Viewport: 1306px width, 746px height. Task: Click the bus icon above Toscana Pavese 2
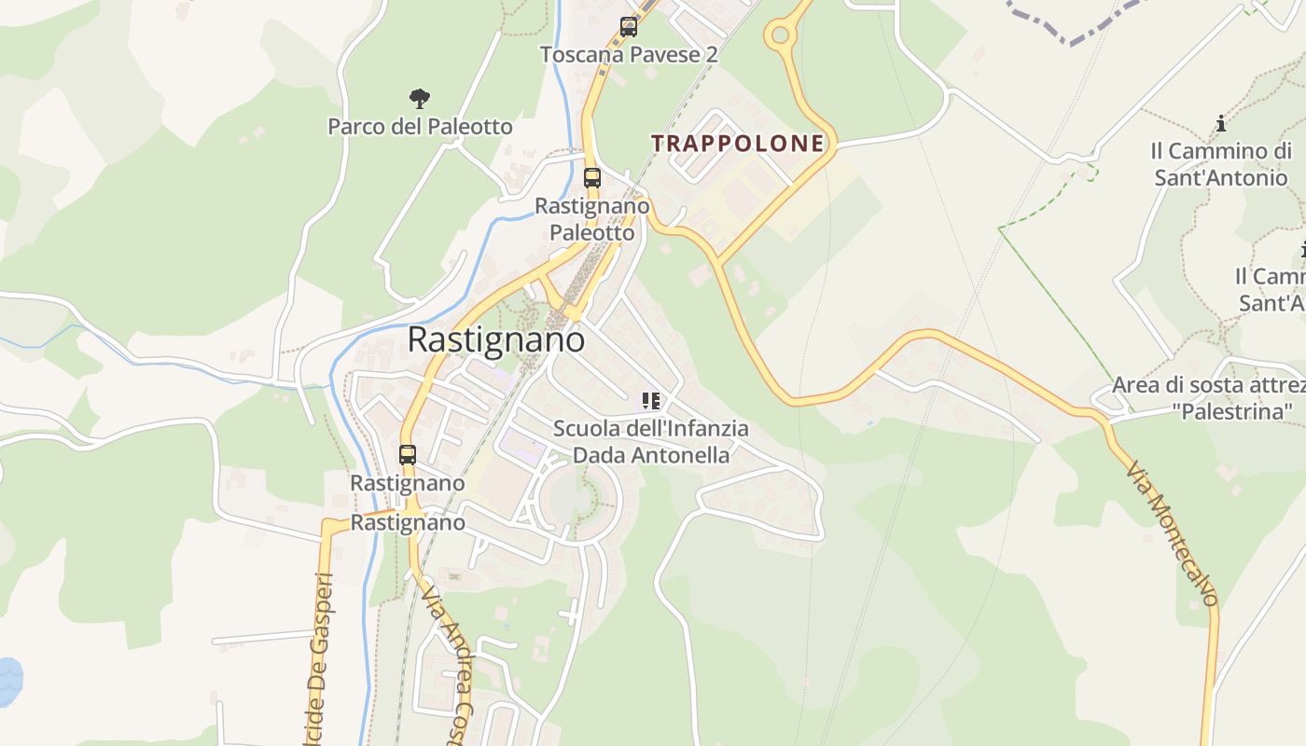tap(629, 27)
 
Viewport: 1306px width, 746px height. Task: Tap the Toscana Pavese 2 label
tap(629, 54)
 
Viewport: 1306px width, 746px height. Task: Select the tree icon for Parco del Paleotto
tap(420, 98)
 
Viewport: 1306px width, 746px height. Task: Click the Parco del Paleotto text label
tap(420, 126)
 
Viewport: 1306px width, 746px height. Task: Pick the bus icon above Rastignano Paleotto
tap(591, 177)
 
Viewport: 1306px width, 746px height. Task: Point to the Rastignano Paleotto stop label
tap(591, 218)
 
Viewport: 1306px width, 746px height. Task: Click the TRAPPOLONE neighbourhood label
tap(737, 143)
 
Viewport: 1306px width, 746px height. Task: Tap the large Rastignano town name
tap(496, 339)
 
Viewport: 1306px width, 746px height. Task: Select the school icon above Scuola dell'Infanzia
tap(650, 402)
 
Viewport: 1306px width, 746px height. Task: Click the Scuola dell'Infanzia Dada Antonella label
tap(650, 442)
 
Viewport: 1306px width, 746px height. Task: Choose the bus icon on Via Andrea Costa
tap(408, 455)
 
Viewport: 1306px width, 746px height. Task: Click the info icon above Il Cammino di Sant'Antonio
tap(1220, 123)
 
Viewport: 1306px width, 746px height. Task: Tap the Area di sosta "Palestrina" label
tap(1208, 397)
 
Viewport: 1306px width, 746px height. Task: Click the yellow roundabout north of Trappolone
tap(779, 36)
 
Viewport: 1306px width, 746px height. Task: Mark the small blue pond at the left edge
tap(8, 681)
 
